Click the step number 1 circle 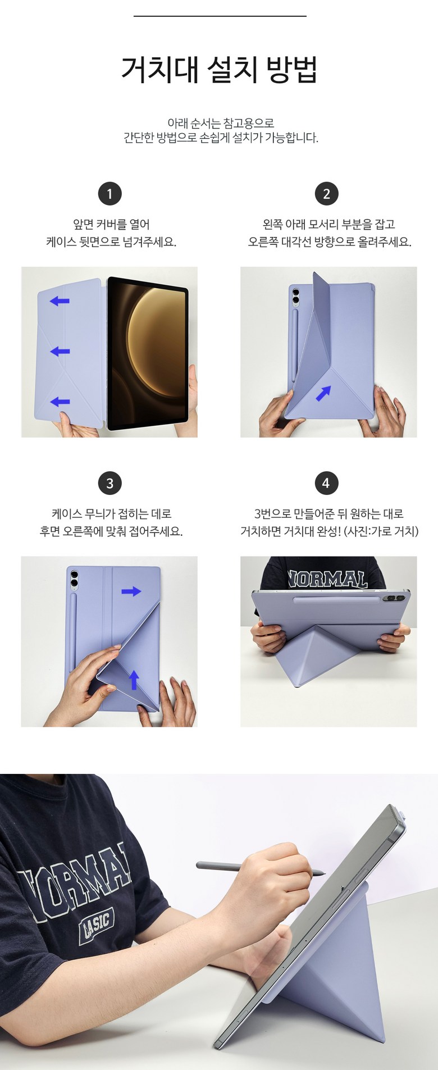109,194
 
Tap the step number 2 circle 326,194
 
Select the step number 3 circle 109,483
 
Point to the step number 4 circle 326,483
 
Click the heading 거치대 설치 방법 220,69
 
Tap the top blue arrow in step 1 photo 60,301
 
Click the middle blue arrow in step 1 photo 60,352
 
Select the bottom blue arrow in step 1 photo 60,402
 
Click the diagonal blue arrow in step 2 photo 323,393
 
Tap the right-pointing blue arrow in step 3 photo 131,591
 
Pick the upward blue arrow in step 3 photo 134,679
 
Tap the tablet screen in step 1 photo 148,353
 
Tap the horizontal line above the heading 220,16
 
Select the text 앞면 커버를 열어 111,225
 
